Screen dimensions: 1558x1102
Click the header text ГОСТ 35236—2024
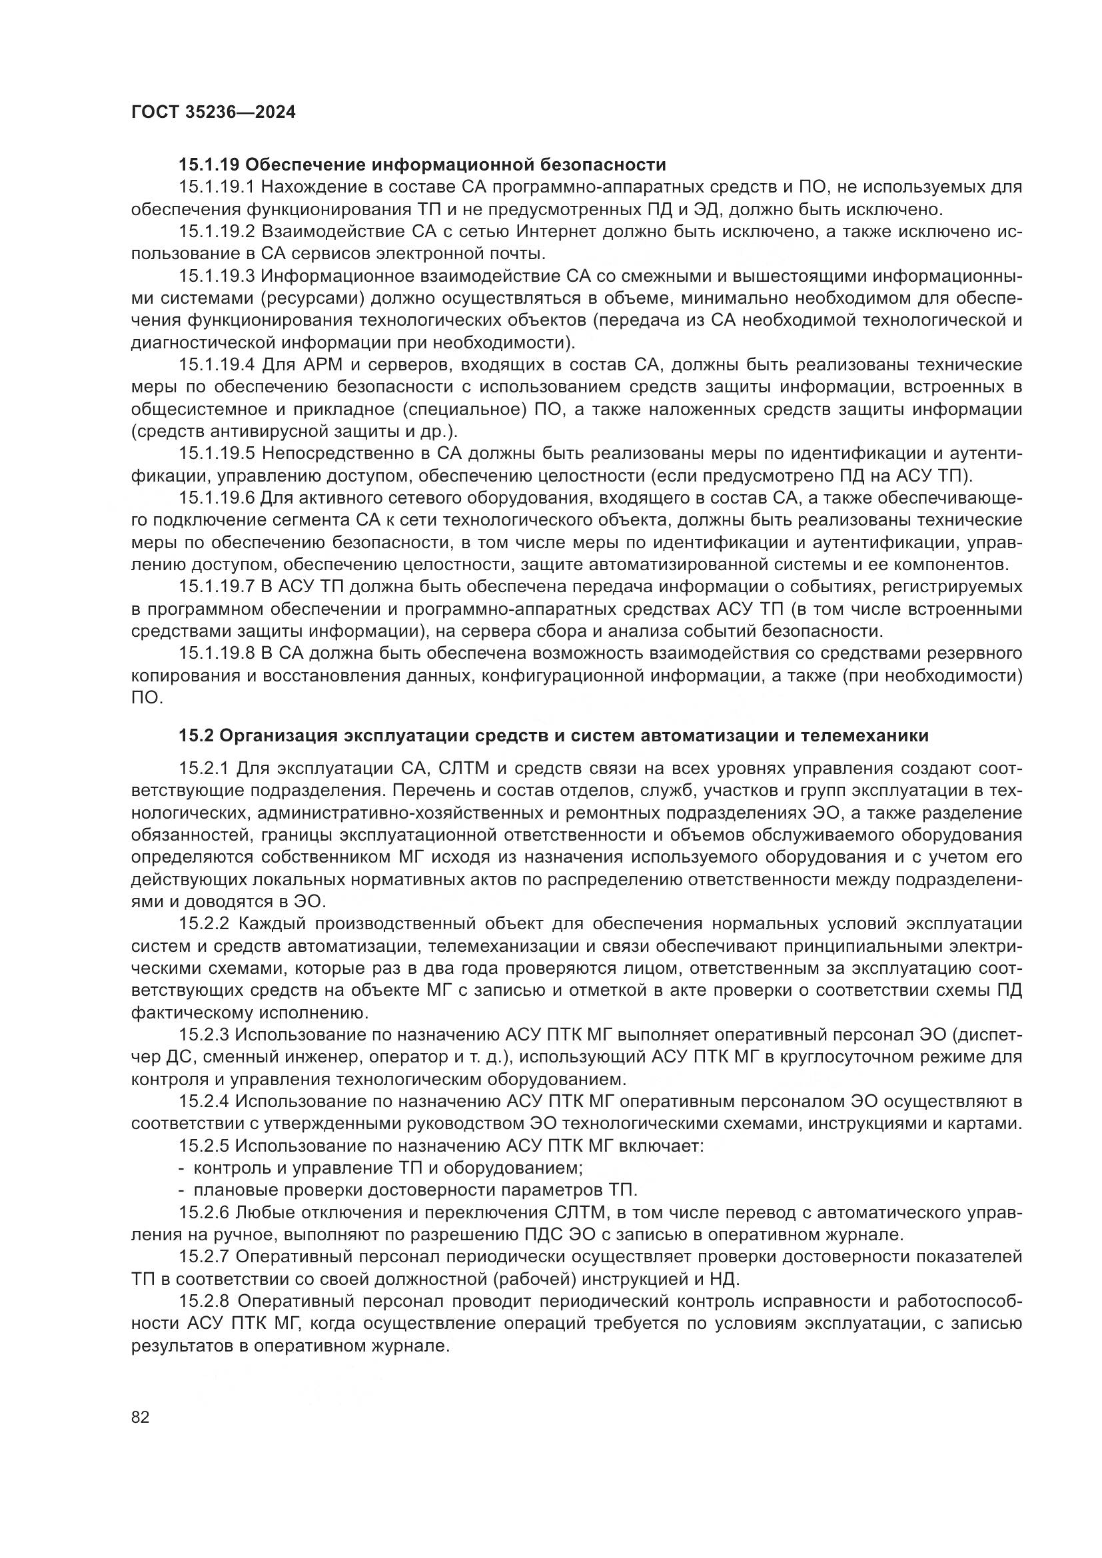pos(214,113)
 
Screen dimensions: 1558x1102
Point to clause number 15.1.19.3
pos(217,276)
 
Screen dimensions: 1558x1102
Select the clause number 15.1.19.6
pos(217,498)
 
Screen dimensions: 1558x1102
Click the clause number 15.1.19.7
pos(217,586)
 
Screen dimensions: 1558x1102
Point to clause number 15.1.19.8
pos(217,653)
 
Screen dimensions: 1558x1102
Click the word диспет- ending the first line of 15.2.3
pos(988,1035)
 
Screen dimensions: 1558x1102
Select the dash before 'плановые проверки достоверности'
pos(182,1190)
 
